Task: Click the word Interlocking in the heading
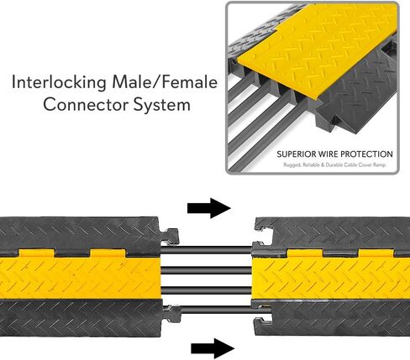coord(59,83)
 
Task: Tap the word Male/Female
coord(165,82)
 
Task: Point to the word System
coord(162,106)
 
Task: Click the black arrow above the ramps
coord(209,208)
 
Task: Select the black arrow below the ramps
coord(213,348)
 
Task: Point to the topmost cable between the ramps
coord(207,249)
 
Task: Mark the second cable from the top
coord(207,270)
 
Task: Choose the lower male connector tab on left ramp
coord(171,314)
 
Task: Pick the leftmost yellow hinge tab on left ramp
coord(37,253)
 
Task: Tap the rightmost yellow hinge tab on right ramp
coord(376,253)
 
